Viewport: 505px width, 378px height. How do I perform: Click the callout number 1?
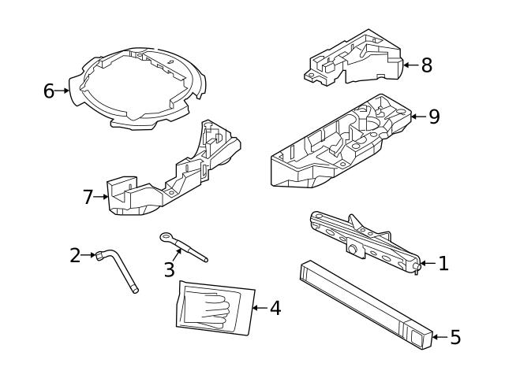[x=443, y=264]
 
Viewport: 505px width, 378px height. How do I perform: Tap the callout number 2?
[x=75, y=255]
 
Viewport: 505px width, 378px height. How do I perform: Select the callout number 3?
[x=169, y=269]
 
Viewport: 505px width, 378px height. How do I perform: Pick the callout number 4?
[x=275, y=308]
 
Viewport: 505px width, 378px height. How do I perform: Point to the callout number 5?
[x=454, y=338]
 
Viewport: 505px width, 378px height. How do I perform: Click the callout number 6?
[x=49, y=91]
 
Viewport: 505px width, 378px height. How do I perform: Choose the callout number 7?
[x=88, y=197]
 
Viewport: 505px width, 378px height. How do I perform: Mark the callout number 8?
[x=426, y=65]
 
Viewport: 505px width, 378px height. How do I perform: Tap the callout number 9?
[x=433, y=117]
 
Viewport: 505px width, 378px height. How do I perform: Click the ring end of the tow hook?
[x=166, y=235]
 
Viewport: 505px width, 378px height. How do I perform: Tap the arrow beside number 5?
[x=440, y=338]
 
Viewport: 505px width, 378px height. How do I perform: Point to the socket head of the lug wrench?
[x=100, y=254]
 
